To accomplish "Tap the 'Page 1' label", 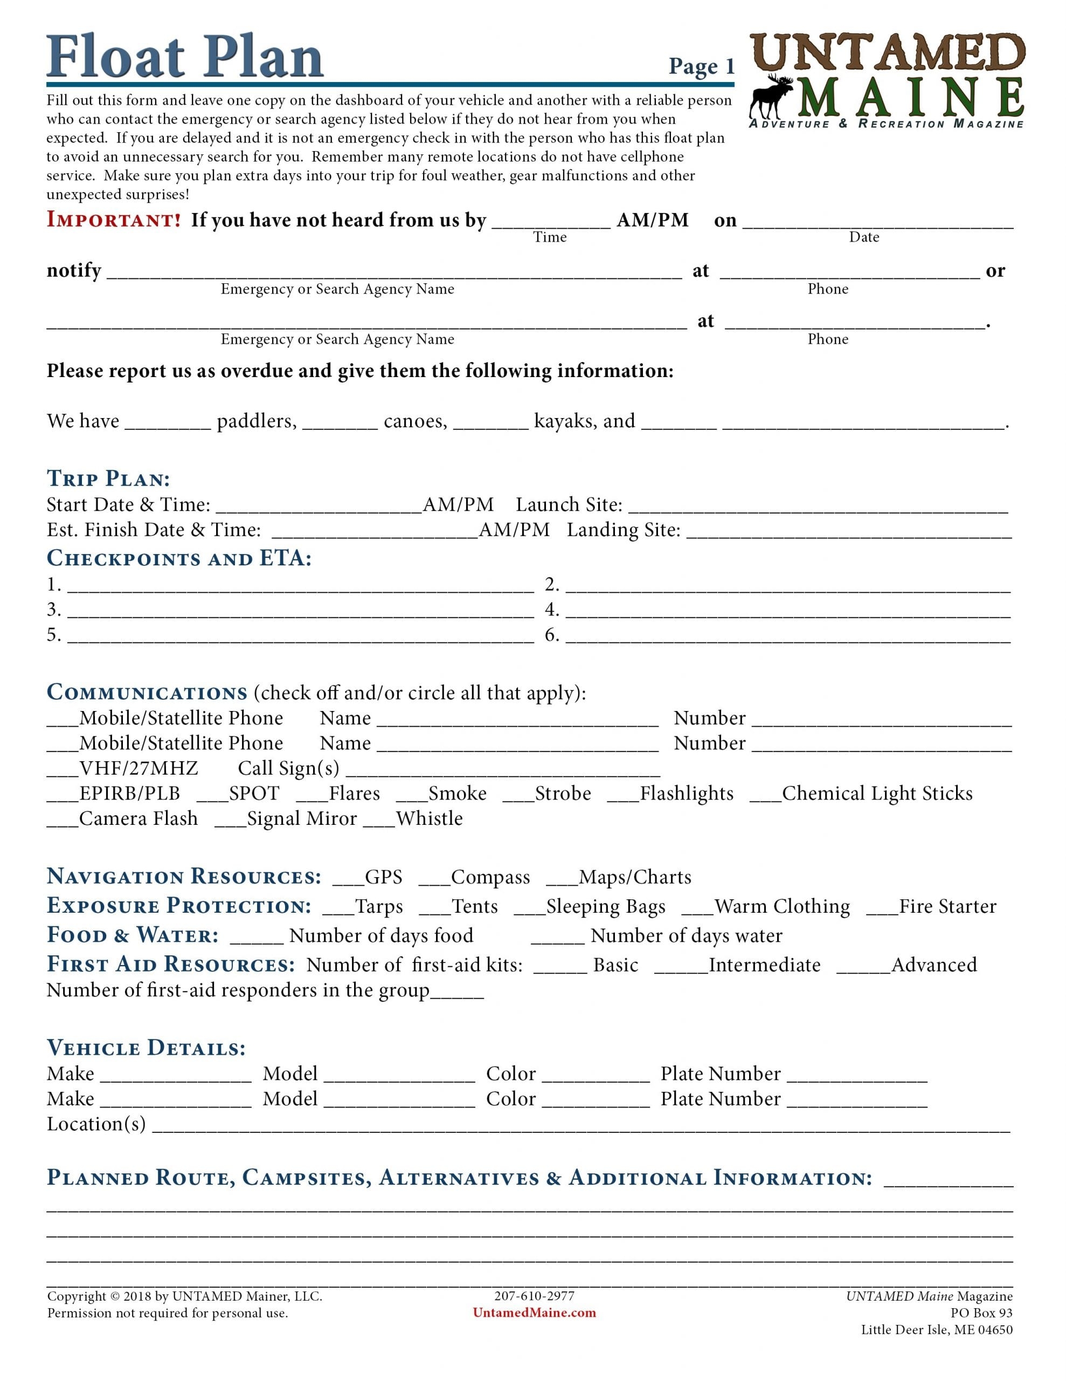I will click(701, 66).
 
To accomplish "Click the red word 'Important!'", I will click(114, 220).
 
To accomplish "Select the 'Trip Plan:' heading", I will click(108, 478).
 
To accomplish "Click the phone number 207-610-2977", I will click(534, 1296).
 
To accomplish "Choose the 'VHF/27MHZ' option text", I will click(139, 768).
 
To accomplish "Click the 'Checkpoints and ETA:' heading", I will click(179, 558).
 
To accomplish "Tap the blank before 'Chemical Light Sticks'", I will click(765, 796).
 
